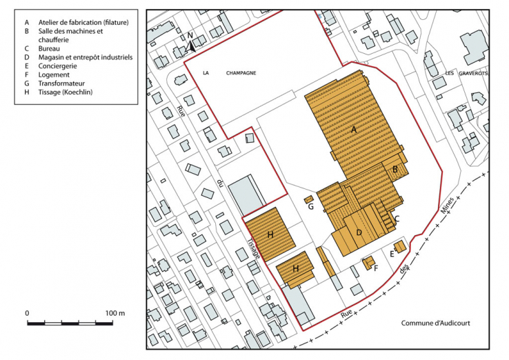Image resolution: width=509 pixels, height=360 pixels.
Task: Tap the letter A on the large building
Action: point(354,129)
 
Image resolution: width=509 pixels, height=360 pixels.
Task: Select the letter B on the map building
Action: point(395,169)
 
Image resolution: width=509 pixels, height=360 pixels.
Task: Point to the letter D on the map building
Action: point(359,232)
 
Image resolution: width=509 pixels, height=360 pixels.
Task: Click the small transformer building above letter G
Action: point(309,199)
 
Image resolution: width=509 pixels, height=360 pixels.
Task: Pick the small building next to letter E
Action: point(399,246)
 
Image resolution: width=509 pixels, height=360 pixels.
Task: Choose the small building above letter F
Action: point(368,262)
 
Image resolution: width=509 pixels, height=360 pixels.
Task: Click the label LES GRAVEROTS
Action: point(460,73)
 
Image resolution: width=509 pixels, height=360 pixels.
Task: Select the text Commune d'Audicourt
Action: point(435,322)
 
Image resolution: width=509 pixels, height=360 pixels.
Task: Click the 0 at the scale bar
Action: point(28,313)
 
